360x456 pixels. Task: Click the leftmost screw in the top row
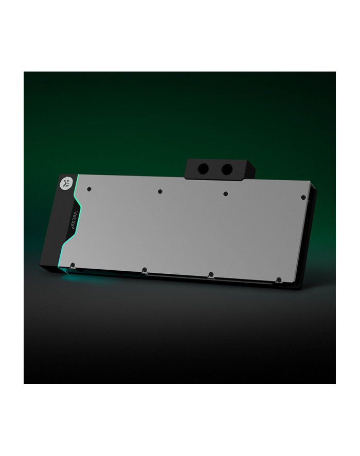[x=89, y=188]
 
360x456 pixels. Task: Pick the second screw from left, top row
[x=160, y=191]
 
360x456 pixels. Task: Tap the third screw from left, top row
[x=225, y=194]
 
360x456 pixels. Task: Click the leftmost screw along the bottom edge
[x=73, y=266]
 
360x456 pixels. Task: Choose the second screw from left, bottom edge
[x=145, y=270]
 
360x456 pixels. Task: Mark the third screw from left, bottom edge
[x=211, y=274]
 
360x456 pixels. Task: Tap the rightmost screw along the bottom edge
[x=278, y=279]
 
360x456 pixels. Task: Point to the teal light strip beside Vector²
[x=76, y=216]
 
